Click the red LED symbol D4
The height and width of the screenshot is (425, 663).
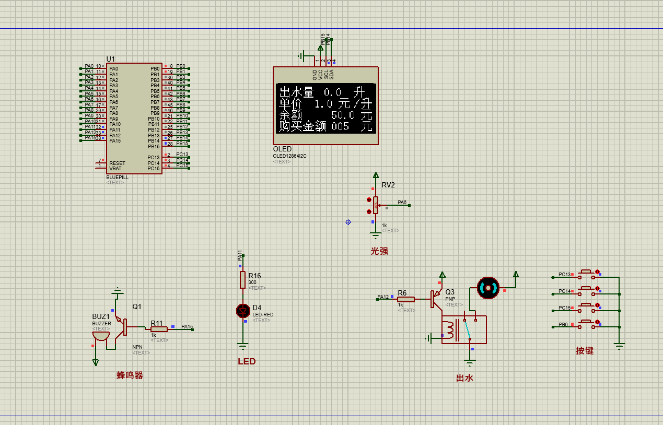point(242,311)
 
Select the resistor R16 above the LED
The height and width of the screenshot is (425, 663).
point(242,279)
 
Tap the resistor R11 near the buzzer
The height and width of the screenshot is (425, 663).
point(159,329)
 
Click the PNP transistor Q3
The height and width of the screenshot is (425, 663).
point(435,299)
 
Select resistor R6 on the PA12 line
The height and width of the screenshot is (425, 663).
point(406,299)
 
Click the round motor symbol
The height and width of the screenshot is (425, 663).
point(488,288)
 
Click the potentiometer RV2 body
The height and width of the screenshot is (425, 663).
point(376,205)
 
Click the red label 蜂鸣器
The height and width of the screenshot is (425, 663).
point(130,375)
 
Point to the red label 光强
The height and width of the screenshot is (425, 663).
point(379,251)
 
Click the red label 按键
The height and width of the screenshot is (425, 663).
point(585,351)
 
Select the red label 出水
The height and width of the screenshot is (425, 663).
point(464,378)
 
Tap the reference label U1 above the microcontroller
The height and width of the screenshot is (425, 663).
point(111,59)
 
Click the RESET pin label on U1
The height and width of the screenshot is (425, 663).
point(117,163)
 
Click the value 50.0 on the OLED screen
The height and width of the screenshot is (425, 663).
point(343,115)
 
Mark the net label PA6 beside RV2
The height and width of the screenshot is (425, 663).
point(402,202)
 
